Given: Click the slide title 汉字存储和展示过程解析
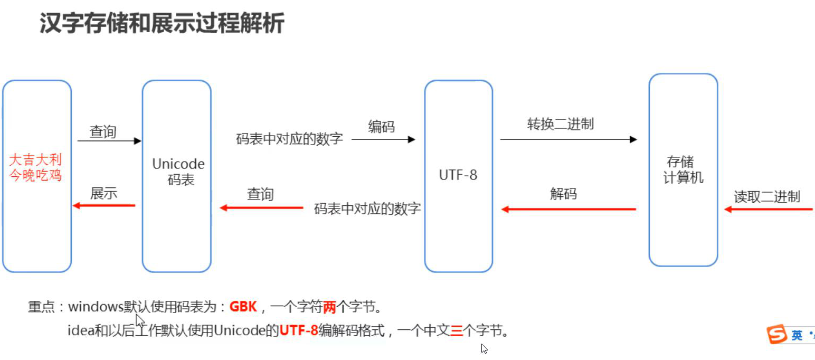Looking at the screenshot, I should coord(162,24).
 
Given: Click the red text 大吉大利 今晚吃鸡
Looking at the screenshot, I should coord(36,167).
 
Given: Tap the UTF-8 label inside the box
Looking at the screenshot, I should coord(458,175).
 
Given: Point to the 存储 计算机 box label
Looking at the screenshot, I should coord(683,169).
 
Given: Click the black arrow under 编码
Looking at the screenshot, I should coord(383,139).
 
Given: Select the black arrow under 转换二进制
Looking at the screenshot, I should coord(568,139).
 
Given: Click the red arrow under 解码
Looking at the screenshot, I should coord(568,210).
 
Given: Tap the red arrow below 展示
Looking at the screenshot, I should coord(104,205).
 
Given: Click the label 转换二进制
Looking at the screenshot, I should coord(560,124).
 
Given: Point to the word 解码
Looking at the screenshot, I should coord(563,194).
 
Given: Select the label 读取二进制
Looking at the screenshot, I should coord(767,197).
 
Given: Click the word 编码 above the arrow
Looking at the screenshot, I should coord(381,126).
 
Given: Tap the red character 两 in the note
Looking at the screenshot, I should coord(329,307).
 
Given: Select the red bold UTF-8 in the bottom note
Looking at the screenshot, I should coord(299,331).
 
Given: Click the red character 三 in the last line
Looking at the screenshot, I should coord(456,331).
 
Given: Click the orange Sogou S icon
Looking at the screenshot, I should coord(776,334).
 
